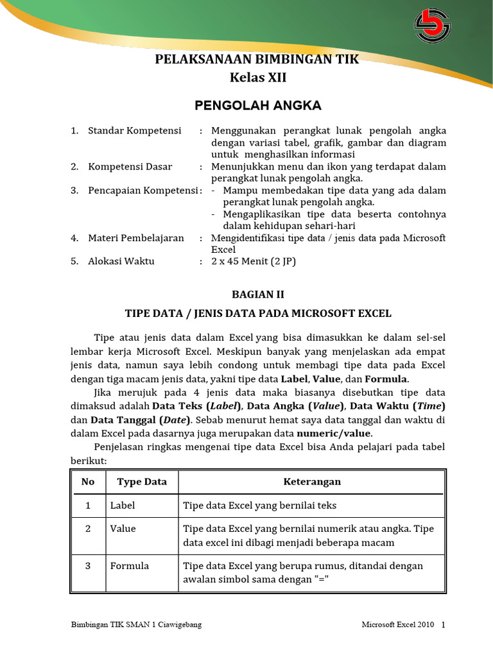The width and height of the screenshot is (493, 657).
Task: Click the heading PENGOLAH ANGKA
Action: click(258, 105)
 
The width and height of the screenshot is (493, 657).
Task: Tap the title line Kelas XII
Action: click(258, 78)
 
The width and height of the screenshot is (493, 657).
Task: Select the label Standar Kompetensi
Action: click(134, 130)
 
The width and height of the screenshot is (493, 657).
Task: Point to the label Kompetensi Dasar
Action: click(130, 166)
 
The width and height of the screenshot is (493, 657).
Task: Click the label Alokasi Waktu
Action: click(121, 261)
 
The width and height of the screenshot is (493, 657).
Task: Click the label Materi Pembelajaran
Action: click(135, 237)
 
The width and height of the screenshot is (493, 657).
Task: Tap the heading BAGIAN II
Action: click(257, 294)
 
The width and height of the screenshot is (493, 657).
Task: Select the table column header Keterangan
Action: click(312, 481)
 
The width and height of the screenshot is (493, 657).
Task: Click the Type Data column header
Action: click(142, 481)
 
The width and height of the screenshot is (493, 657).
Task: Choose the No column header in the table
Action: click(88, 481)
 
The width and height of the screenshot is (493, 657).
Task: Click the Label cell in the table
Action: click(123, 505)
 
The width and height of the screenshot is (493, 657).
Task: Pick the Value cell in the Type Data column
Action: click(123, 529)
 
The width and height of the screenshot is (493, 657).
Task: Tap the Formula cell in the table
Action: click(130, 565)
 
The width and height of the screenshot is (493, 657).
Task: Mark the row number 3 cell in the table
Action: click(88, 565)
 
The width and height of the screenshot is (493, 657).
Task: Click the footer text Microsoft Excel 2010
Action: click(398, 624)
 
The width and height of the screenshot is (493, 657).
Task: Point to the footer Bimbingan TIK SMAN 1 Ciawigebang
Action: click(135, 624)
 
